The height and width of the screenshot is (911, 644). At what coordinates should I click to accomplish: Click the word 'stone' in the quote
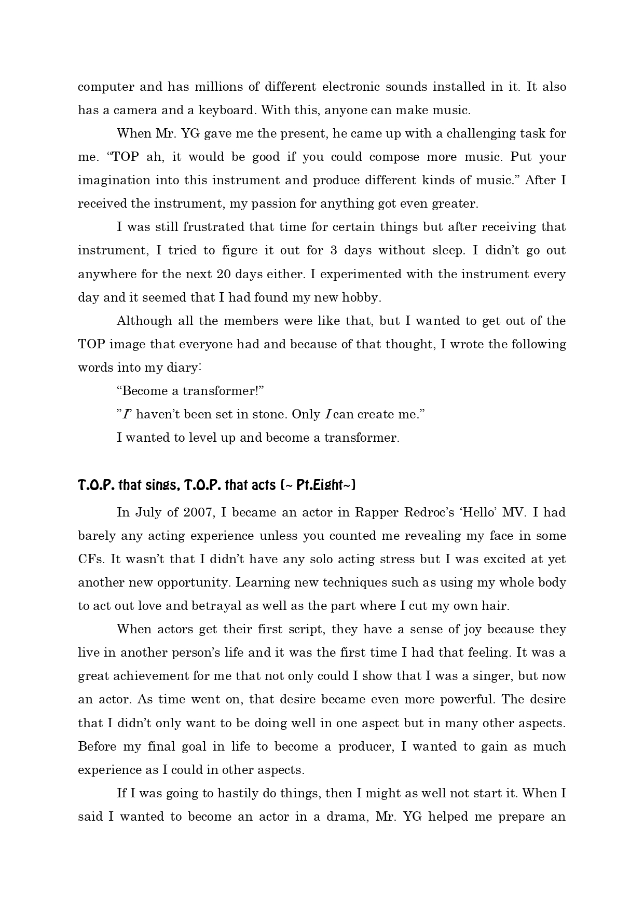pos(270,415)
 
